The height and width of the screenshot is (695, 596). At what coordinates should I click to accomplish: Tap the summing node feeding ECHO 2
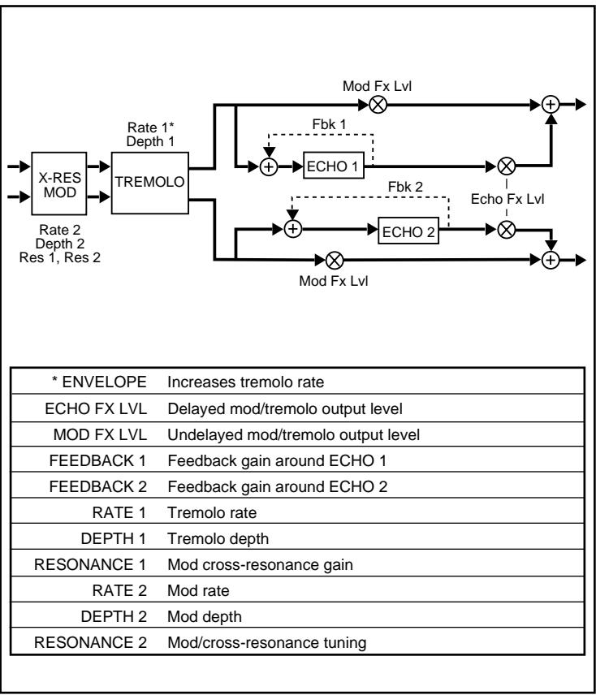[294, 229]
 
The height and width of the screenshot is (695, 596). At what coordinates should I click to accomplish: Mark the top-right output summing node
[551, 104]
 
